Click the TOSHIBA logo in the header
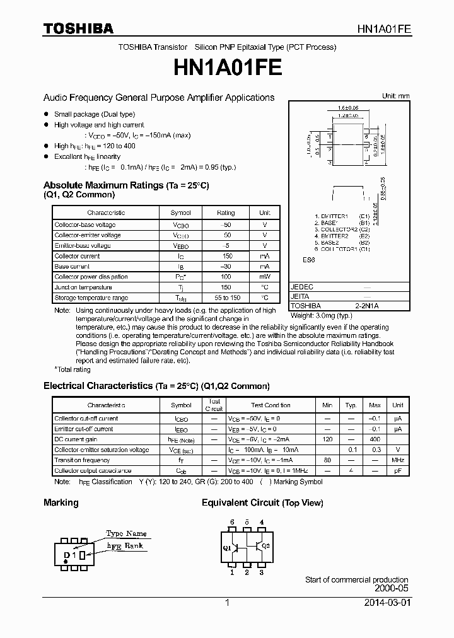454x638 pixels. point(78,28)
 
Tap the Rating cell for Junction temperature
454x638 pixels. point(225,287)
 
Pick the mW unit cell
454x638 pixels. point(265,277)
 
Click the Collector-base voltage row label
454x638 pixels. point(85,224)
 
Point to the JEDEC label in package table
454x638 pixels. point(301,287)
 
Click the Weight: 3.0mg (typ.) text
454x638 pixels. point(321,315)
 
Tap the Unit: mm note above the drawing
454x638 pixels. point(395,96)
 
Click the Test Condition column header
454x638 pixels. point(271,405)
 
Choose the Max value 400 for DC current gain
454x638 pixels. point(375,439)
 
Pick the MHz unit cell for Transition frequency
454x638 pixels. point(397,460)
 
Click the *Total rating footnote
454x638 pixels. point(73,369)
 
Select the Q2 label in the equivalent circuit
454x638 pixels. point(265,545)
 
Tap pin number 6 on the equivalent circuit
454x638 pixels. point(232,522)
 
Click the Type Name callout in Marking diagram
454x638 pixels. point(126,533)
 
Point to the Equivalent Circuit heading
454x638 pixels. point(262,502)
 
